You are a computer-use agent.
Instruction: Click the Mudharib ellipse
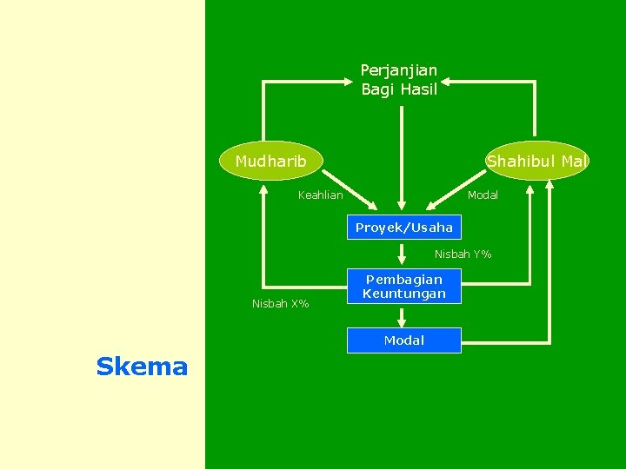(270, 161)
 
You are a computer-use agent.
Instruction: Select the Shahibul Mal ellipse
(536, 161)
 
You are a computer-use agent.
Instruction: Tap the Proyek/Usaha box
(404, 228)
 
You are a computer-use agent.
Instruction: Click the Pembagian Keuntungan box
(404, 287)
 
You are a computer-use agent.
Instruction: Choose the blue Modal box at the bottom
(404, 340)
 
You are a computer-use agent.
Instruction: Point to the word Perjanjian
(399, 69)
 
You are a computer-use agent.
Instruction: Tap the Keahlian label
(320, 195)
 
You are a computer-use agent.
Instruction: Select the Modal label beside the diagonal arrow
(483, 195)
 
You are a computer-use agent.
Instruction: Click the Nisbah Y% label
(463, 254)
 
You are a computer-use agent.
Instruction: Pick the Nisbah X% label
(280, 304)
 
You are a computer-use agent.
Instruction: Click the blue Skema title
(142, 367)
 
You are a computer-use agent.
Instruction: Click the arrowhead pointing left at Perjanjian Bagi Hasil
(445, 82)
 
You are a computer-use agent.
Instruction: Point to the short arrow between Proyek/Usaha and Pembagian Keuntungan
(403, 254)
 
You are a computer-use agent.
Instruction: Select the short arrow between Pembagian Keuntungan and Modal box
(403, 316)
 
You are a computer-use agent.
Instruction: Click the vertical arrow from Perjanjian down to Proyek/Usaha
(400, 156)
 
